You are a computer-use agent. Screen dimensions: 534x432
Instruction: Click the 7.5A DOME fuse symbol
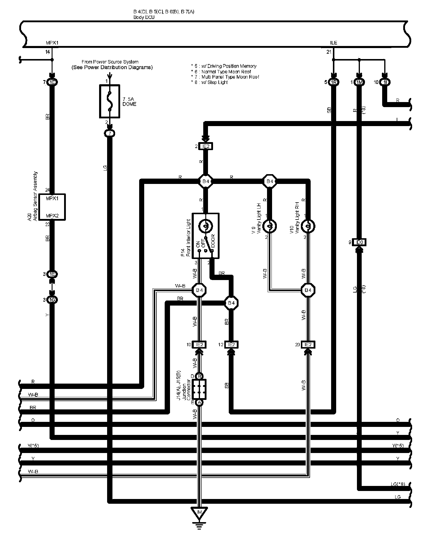(109, 101)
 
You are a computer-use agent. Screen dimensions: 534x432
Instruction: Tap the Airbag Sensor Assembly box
(52, 207)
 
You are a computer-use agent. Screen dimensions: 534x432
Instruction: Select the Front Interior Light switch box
(206, 236)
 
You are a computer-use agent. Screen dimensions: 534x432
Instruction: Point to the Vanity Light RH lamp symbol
(308, 226)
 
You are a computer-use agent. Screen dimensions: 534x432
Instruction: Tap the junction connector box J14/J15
(199, 389)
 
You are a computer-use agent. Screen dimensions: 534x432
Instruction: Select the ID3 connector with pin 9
(359, 242)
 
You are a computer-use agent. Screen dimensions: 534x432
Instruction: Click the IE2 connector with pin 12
(231, 344)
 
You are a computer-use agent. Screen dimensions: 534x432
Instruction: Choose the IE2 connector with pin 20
(308, 344)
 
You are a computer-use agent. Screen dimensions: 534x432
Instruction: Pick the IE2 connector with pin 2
(206, 146)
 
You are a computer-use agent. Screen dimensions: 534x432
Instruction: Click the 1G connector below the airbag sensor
(52, 300)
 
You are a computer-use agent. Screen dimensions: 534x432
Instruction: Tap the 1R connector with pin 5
(333, 82)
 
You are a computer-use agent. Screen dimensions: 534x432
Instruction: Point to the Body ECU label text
(144, 17)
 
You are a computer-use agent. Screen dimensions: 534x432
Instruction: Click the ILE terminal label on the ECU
(333, 43)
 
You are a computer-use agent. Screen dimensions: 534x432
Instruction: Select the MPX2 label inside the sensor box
(52, 216)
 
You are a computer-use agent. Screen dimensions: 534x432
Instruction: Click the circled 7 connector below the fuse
(110, 134)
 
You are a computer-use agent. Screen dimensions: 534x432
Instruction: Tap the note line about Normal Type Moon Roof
(225, 71)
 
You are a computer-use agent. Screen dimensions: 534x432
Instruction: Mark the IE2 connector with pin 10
(199, 344)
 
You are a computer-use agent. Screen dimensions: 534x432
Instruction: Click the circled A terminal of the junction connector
(199, 403)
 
